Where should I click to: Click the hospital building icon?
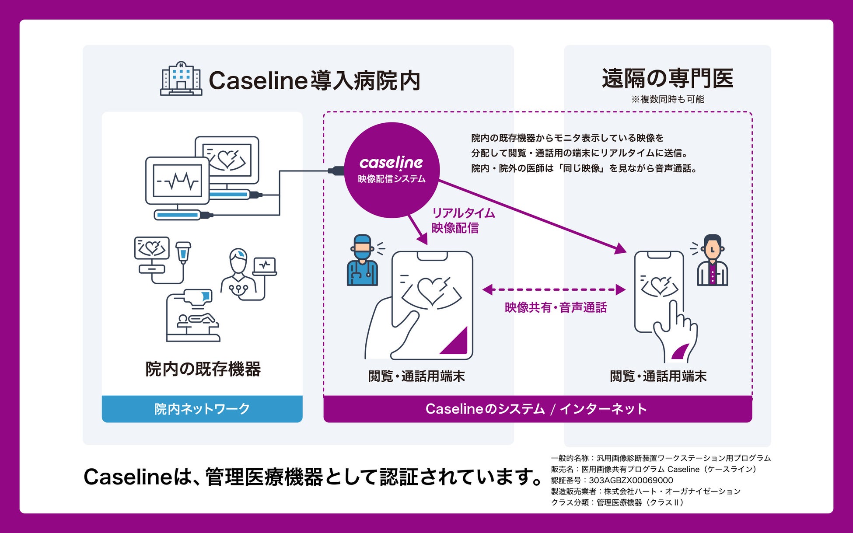tap(181, 79)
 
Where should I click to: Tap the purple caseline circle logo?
tap(392, 170)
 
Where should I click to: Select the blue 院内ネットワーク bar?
tap(202, 409)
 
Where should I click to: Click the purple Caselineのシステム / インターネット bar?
tap(537, 409)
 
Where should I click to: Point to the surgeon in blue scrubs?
tap(362, 261)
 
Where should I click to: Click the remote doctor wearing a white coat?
tap(712, 261)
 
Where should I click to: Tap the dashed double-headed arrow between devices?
tap(554, 289)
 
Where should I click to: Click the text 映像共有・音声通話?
tap(556, 307)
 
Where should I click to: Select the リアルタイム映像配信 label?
tap(463, 220)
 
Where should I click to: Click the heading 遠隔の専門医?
tap(667, 79)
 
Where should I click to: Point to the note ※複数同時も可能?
tap(668, 99)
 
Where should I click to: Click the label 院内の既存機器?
tap(203, 369)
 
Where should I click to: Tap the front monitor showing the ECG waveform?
tap(177, 181)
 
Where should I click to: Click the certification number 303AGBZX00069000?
tap(631, 480)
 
